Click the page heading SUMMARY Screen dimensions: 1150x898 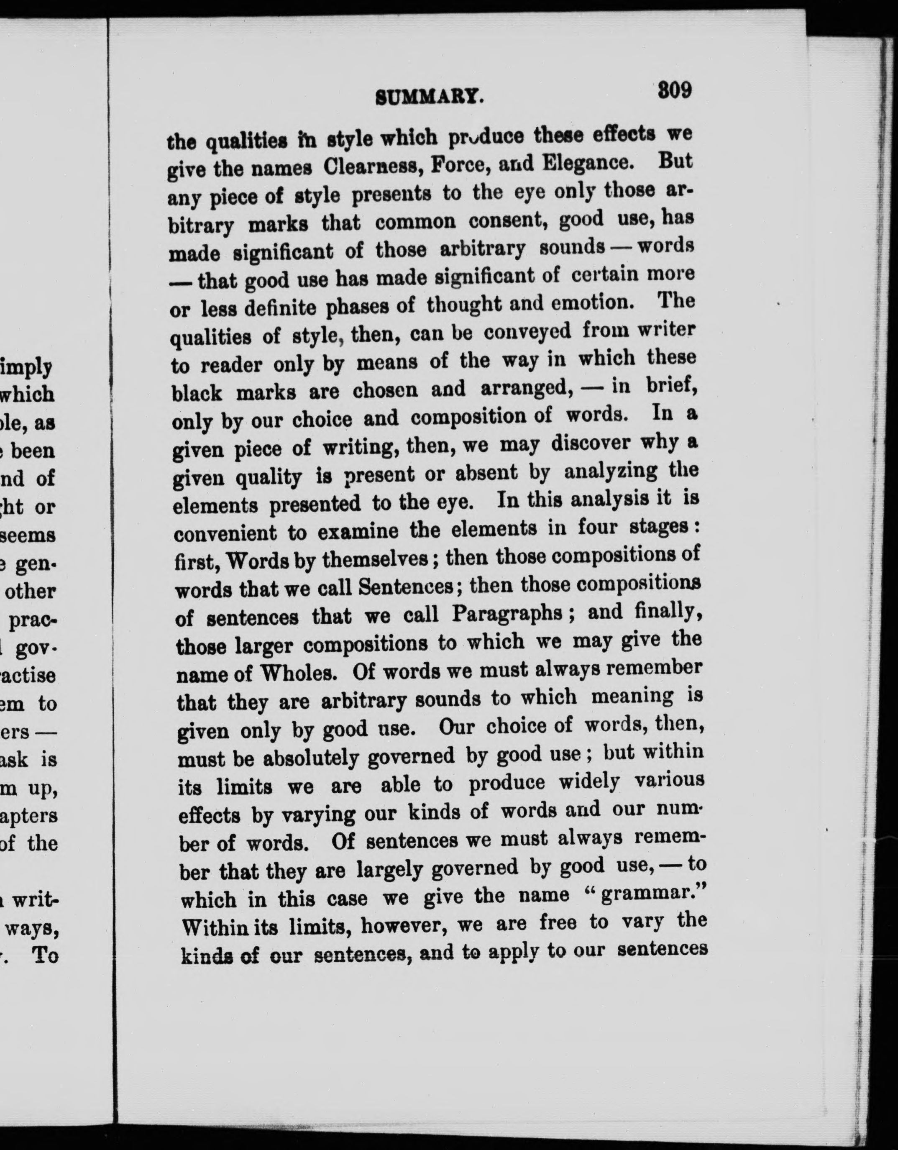[x=430, y=97]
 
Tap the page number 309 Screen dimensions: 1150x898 [x=674, y=90]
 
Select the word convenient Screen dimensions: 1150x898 [x=225, y=533]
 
